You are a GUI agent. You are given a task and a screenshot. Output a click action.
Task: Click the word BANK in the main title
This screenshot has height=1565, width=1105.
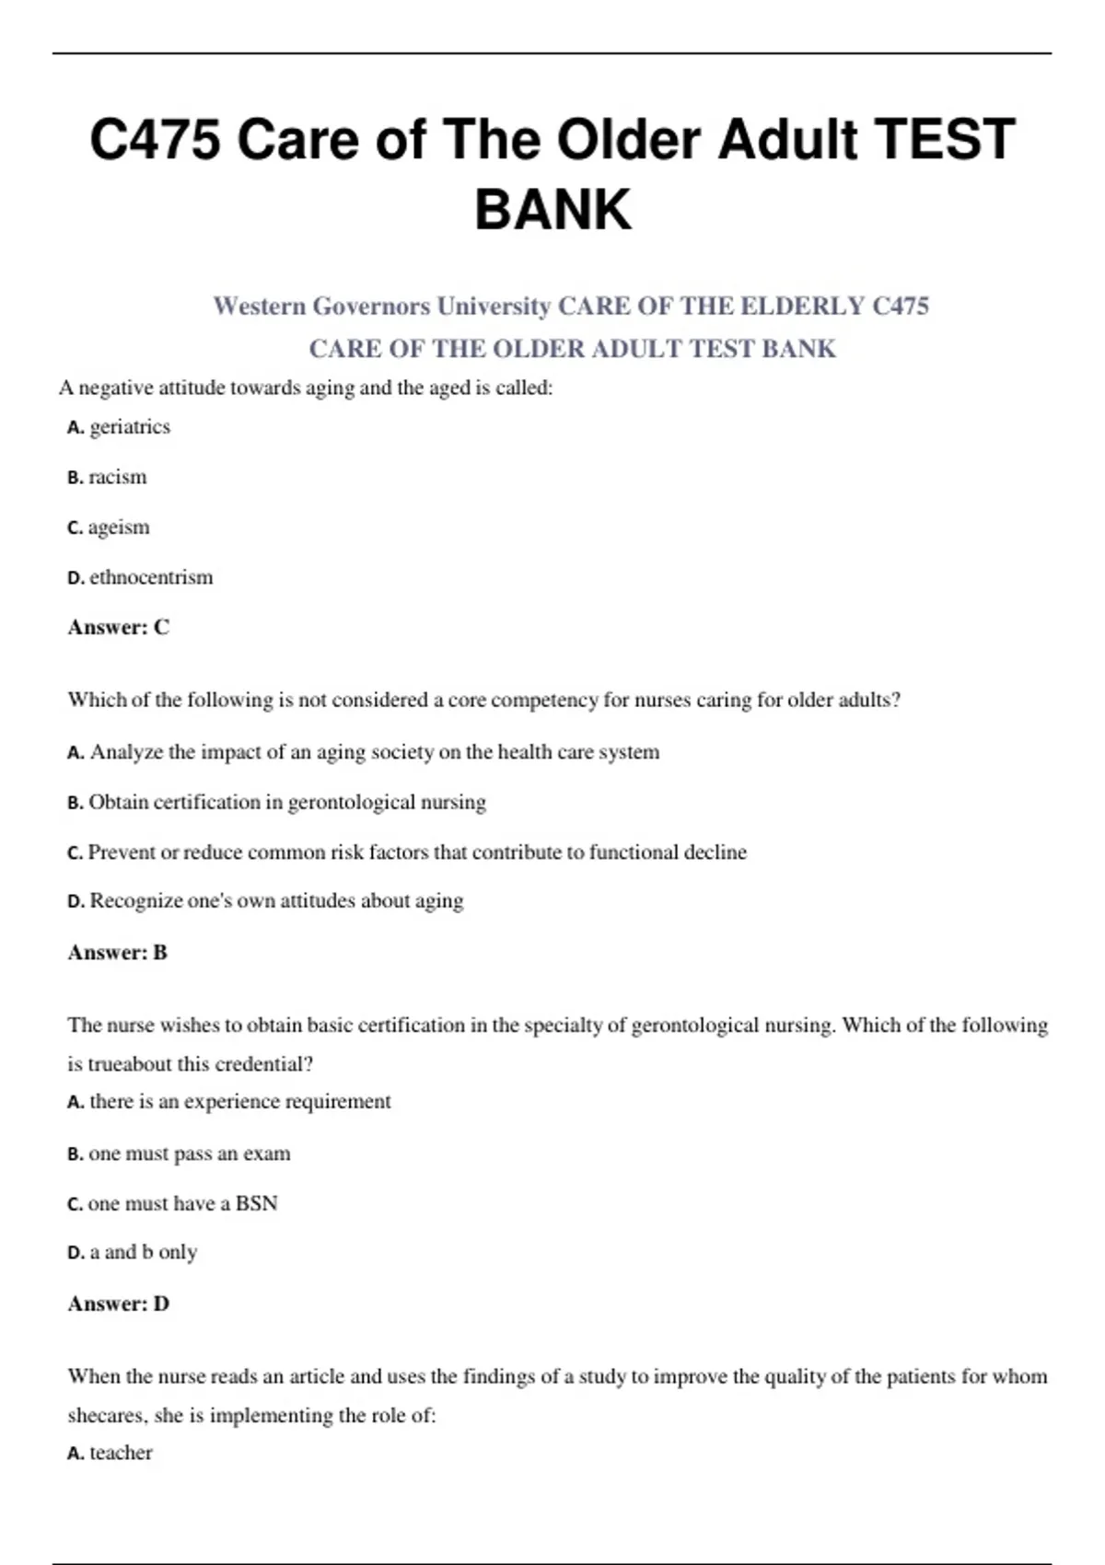(552, 209)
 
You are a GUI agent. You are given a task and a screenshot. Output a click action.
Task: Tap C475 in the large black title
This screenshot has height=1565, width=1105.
(155, 140)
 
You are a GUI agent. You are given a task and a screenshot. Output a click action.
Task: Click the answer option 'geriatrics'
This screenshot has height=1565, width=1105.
(129, 427)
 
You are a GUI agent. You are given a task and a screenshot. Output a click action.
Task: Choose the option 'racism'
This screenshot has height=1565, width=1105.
(117, 477)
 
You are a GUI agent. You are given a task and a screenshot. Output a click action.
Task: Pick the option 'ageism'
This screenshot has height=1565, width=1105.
(118, 527)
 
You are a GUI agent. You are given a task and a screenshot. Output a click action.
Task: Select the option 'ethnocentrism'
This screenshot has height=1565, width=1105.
(150, 577)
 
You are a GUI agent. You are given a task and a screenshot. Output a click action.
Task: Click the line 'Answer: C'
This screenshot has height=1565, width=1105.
(119, 627)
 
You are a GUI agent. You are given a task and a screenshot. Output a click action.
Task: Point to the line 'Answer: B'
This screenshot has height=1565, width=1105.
(118, 952)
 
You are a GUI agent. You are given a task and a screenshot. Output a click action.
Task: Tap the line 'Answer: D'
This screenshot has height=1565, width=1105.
(119, 1304)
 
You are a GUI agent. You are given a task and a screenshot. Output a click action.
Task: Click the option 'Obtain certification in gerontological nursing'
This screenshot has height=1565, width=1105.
(286, 802)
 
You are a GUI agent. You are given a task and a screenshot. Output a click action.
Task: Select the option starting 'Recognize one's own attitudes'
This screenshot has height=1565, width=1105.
(275, 900)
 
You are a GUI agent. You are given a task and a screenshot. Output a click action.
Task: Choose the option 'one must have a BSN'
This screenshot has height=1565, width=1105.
(182, 1203)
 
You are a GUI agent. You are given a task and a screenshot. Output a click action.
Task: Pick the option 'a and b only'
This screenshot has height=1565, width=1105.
(143, 1252)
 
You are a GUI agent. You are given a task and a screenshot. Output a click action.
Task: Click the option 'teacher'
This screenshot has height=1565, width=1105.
(121, 1453)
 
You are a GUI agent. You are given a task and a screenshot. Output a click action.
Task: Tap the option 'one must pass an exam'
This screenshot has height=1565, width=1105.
(189, 1153)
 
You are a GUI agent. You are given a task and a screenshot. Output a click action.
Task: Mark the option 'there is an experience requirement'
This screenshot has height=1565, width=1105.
(239, 1102)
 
